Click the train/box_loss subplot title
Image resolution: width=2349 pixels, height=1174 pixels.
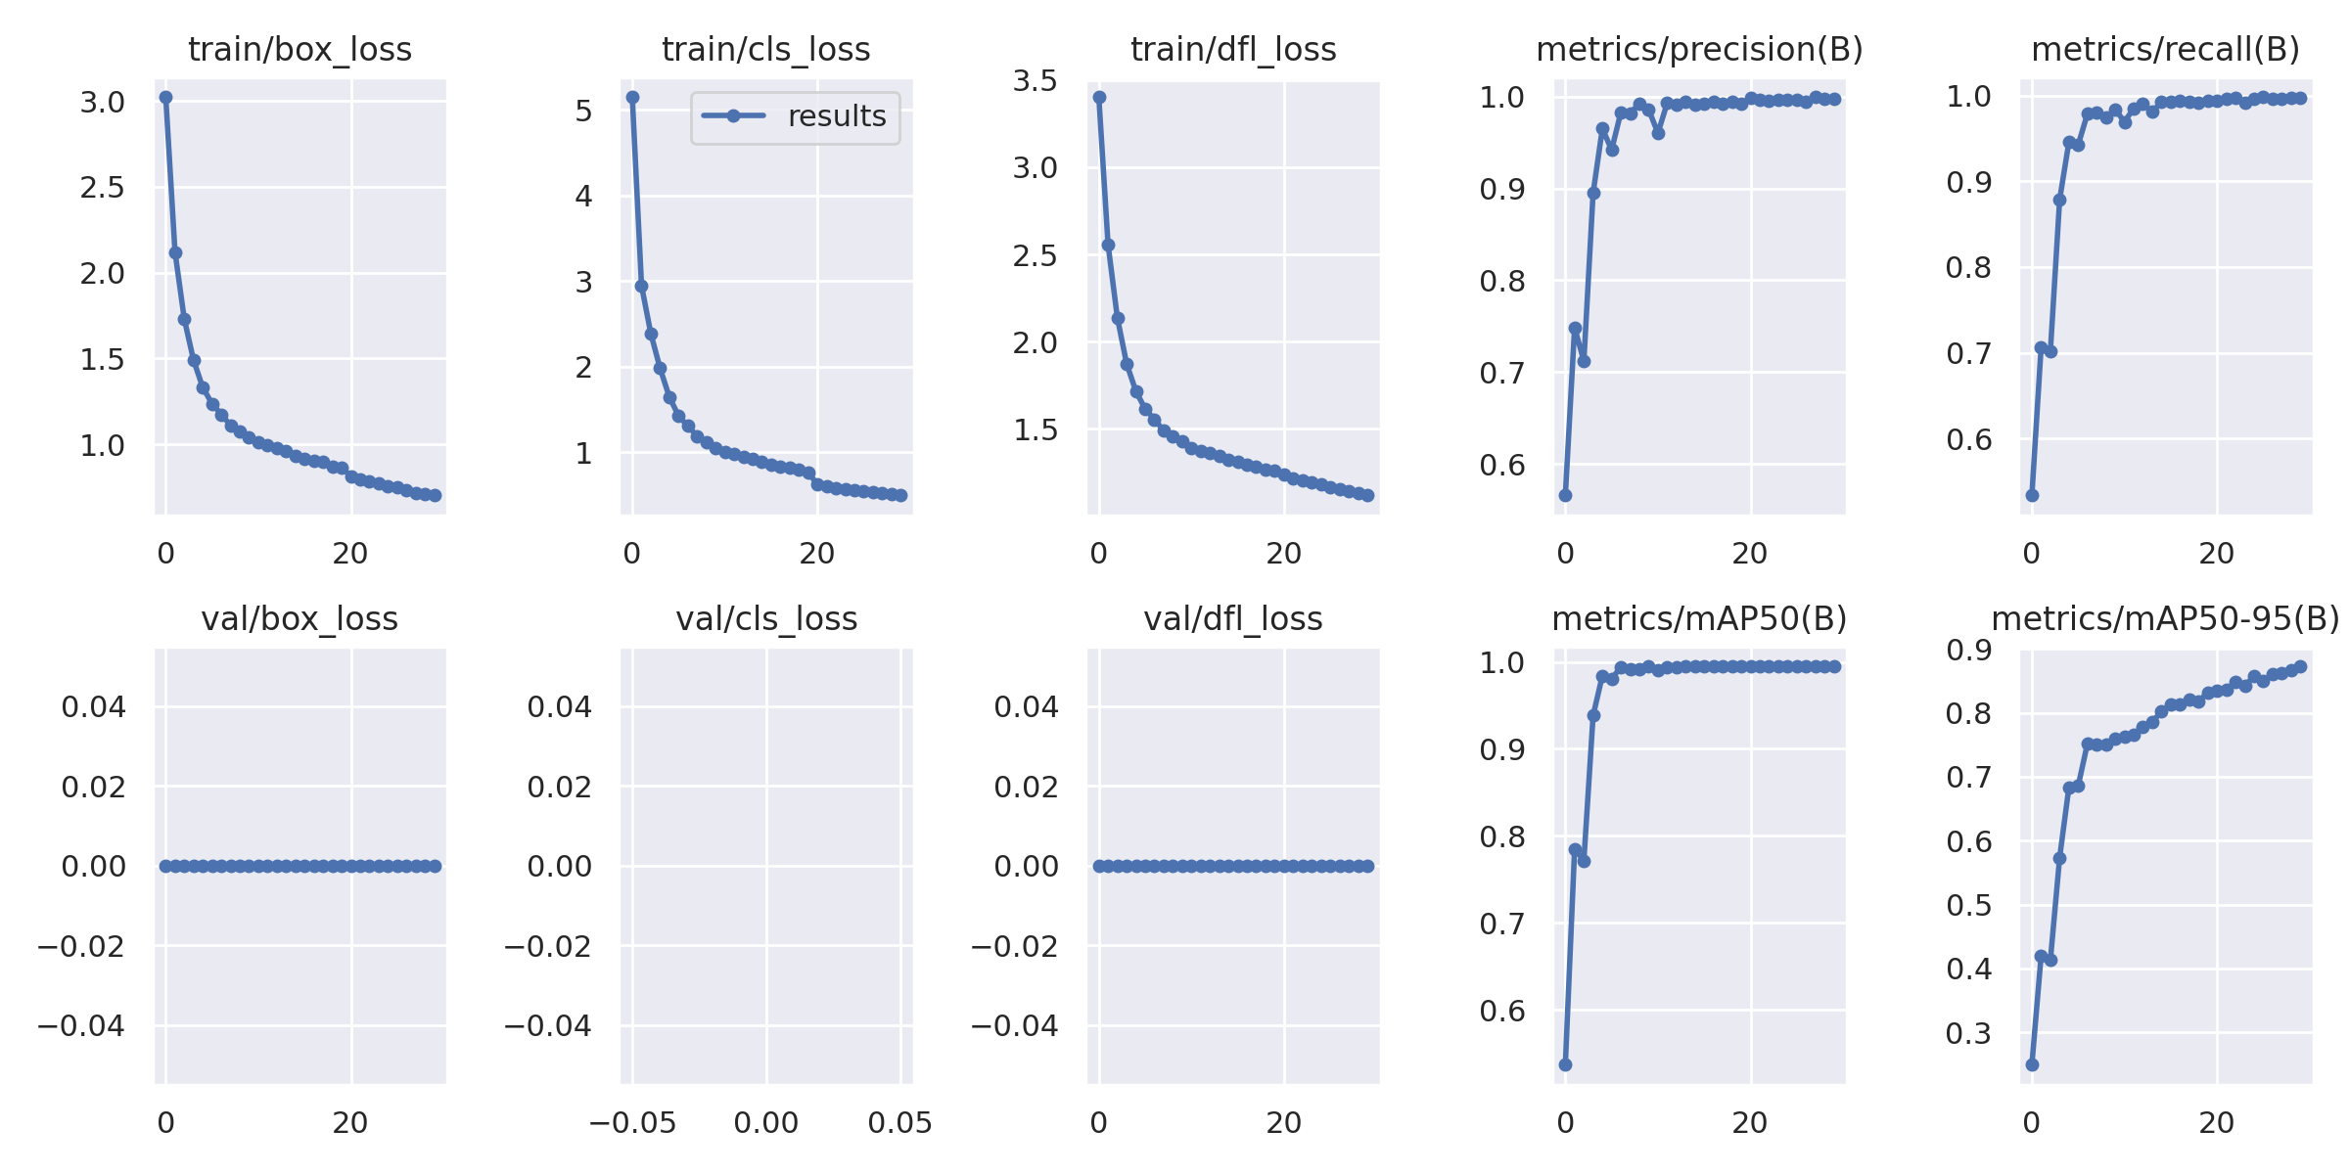pyautogui.click(x=299, y=49)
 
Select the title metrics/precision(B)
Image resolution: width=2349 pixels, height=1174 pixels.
pyautogui.click(x=1699, y=49)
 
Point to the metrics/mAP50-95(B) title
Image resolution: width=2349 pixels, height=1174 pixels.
pyautogui.click(x=2165, y=619)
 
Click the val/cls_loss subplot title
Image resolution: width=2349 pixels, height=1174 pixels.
pyautogui.click(x=766, y=619)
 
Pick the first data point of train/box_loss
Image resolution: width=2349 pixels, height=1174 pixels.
pyautogui.click(x=166, y=97)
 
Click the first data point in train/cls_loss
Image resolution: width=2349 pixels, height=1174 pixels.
pyautogui.click(x=632, y=97)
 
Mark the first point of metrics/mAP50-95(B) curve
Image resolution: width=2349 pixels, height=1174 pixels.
pyautogui.click(x=2032, y=1064)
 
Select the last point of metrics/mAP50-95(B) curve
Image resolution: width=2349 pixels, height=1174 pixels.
pyautogui.click(x=2301, y=666)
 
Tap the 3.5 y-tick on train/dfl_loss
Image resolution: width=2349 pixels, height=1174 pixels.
pyautogui.click(x=1035, y=81)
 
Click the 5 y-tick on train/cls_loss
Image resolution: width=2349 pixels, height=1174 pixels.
pyautogui.click(x=583, y=111)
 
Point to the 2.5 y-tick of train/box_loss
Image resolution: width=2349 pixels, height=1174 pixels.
pyautogui.click(x=102, y=188)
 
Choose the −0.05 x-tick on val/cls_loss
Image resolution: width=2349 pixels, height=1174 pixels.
pyautogui.click(x=632, y=1123)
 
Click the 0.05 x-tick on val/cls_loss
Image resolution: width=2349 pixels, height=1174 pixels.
pyautogui.click(x=900, y=1123)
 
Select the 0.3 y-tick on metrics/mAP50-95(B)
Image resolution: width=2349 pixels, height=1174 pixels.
pyautogui.click(x=1967, y=1033)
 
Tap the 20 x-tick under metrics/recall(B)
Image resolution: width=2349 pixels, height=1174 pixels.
pyautogui.click(x=2217, y=554)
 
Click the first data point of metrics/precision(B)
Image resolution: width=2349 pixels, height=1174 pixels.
pyautogui.click(x=1565, y=495)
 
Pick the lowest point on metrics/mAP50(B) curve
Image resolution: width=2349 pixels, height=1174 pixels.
pyautogui.click(x=1565, y=1064)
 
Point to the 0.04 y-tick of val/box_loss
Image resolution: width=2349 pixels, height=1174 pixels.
pyautogui.click(x=94, y=706)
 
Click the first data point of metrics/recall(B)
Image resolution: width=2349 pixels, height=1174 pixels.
pyautogui.click(x=2032, y=495)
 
